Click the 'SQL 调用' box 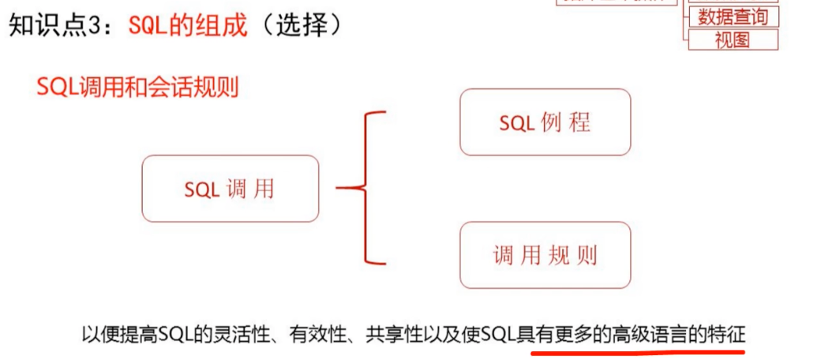pyautogui.click(x=230, y=188)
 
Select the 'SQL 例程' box pyautogui.click(x=545, y=122)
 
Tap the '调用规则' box pyautogui.click(x=545, y=254)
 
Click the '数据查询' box pyautogui.click(x=733, y=16)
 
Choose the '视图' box pyautogui.click(x=733, y=40)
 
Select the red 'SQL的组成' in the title pyautogui.click(x=188, y=25)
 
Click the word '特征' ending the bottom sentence pyautogui.click(x=726, y=334)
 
